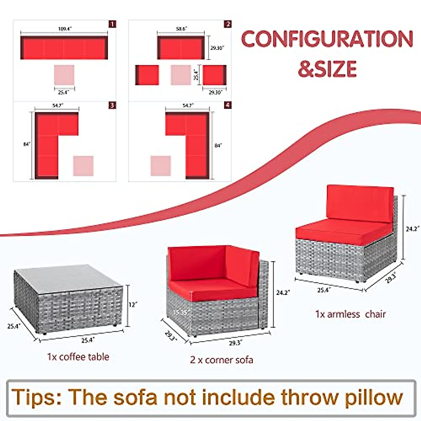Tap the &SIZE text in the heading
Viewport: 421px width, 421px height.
point(327,69)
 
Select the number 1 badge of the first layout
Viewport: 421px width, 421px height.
point(112,24)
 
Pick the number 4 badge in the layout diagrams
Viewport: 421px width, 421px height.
point(228,105)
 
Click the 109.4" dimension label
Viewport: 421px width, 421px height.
point(65,29)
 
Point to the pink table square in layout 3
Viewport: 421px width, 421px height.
point(83,166)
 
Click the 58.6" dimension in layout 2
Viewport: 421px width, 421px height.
point(181,29)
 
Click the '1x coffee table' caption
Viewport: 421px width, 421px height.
point(78,357)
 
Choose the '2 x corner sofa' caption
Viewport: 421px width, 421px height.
point(221,360)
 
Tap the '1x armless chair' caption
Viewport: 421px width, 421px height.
point(350,314)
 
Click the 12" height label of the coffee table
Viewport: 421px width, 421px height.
point(132,305)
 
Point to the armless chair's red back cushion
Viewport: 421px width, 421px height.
point(359,203)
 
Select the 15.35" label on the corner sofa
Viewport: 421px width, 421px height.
point(180,312)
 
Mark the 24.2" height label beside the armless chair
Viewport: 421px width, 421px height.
point(412,229)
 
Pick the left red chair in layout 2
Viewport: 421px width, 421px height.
point(147,75)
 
